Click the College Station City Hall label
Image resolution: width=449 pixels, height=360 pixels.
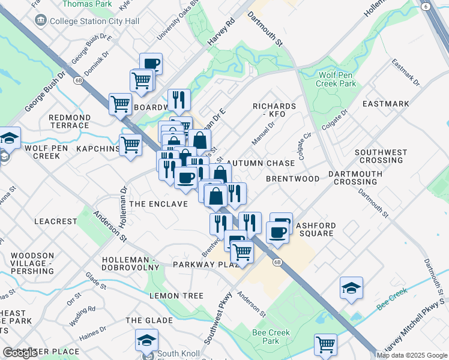click(95, 21)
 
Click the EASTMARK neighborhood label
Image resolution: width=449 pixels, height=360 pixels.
click(386, 104)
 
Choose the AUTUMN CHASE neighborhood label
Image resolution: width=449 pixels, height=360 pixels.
click(263, 163)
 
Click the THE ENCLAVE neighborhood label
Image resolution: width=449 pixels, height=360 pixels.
click(158, 204)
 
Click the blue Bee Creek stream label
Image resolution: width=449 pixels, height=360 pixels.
click(392, 298)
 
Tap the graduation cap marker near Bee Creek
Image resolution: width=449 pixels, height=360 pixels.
click(351, 288)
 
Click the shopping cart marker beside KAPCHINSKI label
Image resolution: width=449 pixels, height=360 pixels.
click(130, 145)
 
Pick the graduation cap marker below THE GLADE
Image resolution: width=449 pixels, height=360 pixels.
click(146, 340)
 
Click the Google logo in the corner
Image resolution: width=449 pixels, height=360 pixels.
click(20, 353)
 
